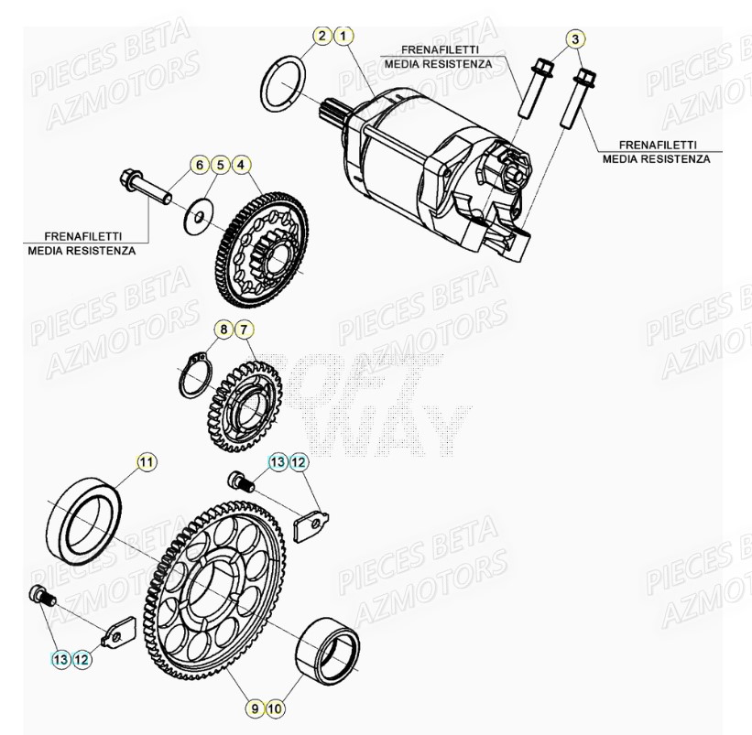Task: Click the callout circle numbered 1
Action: [343, 37]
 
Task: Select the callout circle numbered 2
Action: [322, 37]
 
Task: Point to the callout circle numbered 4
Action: [240, 166]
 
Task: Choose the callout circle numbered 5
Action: [219, 166]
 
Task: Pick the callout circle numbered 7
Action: [244, 328]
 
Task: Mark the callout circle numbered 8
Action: [223, 328]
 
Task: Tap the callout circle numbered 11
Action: [147, 461]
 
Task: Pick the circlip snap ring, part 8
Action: [195, 375]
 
